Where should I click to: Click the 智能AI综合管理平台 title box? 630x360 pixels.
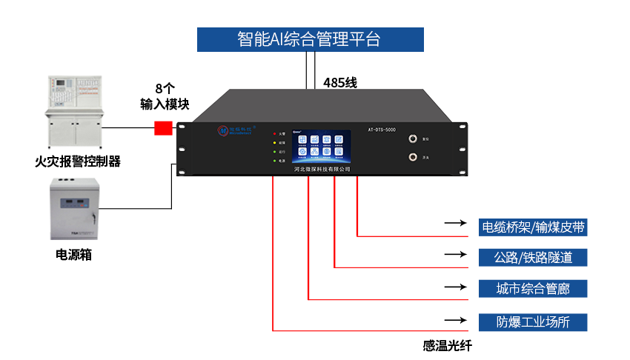coord(310,39)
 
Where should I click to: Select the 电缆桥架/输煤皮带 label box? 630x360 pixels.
coord(534,227)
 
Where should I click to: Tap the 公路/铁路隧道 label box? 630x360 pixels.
coord(534,258)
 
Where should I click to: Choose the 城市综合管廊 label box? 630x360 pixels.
coord(534,289)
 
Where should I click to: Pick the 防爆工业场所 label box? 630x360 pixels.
coord(534,322)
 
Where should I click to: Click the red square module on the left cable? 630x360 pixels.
coord(162,127)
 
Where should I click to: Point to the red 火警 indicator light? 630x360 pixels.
coord(274,133)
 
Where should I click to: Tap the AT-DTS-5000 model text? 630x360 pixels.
coord(387,130)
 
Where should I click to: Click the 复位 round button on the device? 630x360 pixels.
coord(411,139)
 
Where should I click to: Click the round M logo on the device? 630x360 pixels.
coord(223,130)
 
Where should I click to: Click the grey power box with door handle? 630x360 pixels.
coord(73,209)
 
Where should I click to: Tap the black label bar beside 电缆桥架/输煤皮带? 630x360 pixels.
coord(456,223)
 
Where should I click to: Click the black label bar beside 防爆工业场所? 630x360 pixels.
coord(456,321)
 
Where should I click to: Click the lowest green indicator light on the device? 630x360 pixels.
coord(274,160)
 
